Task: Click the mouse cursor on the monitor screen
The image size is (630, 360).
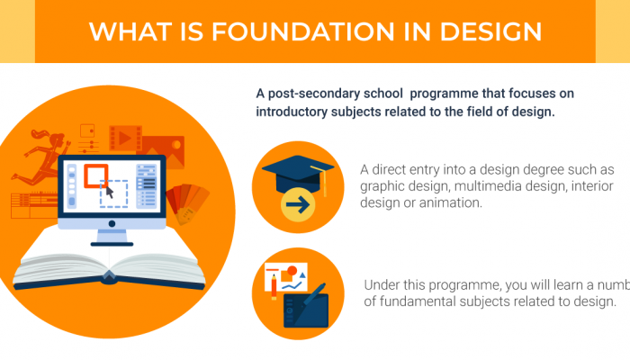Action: click(110, 191)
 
